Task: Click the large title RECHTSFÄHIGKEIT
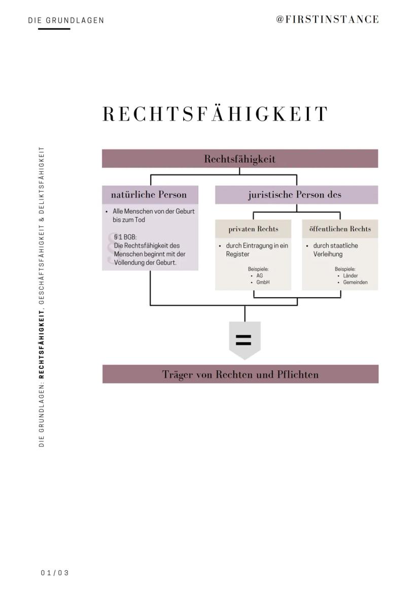(x=215, y=114)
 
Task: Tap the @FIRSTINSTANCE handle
(x=327, y=19)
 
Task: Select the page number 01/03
(x=55, y=573)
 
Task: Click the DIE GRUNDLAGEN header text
(x=66, y=20)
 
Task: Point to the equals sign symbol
(x=243, y=340)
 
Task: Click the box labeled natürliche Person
(x=149, y=195)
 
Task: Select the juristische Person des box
(x=296, y=195)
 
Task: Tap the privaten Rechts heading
(x=253, y=229)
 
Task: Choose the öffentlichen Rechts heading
(x=340, y=229)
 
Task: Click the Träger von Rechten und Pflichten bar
(x=240, y=374)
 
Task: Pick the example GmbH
(x=263, y=282)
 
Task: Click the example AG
(x=260, y=275)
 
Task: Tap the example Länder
(x=351, y=275)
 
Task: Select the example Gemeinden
(x=355, y=282)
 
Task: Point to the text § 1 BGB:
(x=125, y=237)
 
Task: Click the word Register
(x=237, y=254)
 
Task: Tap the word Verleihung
(x=328, y=254)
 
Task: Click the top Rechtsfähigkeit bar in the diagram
(x=240, y=159)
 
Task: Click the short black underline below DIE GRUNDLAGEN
(x=54, y=29)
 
